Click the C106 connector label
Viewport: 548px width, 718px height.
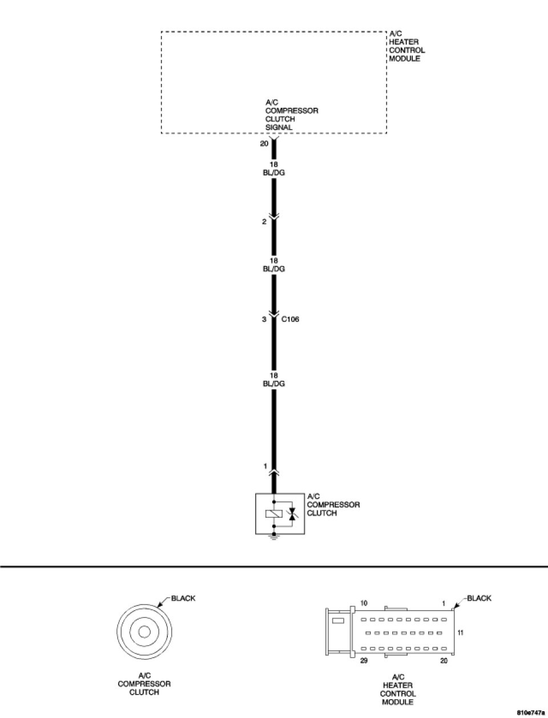coord(290,319)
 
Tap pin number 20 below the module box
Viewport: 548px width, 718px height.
coord(264,144)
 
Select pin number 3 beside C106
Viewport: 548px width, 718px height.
coord(264,320)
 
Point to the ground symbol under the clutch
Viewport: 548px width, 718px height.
coord(273,538)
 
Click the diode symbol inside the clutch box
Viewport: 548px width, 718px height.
coord(292,514)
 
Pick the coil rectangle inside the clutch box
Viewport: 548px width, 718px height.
coord(273,514)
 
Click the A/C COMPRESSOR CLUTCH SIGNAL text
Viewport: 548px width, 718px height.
coord(291,115)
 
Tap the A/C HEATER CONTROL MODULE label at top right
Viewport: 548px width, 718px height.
coord(406,46)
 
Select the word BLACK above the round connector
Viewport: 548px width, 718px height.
coord(183,598)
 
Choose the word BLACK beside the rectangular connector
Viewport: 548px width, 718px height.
coord(479,598)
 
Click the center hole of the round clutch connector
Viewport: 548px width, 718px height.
coord(144,632)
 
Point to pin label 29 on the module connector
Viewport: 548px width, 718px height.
coord(364,661)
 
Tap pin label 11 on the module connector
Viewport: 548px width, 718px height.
coord(461,632)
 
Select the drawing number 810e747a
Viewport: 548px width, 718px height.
coord(531,713)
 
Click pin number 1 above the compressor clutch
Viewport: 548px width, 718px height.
coord(265,466)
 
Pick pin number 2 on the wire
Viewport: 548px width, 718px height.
coord(264,222)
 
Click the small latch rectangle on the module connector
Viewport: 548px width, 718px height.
coord(338,620)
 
